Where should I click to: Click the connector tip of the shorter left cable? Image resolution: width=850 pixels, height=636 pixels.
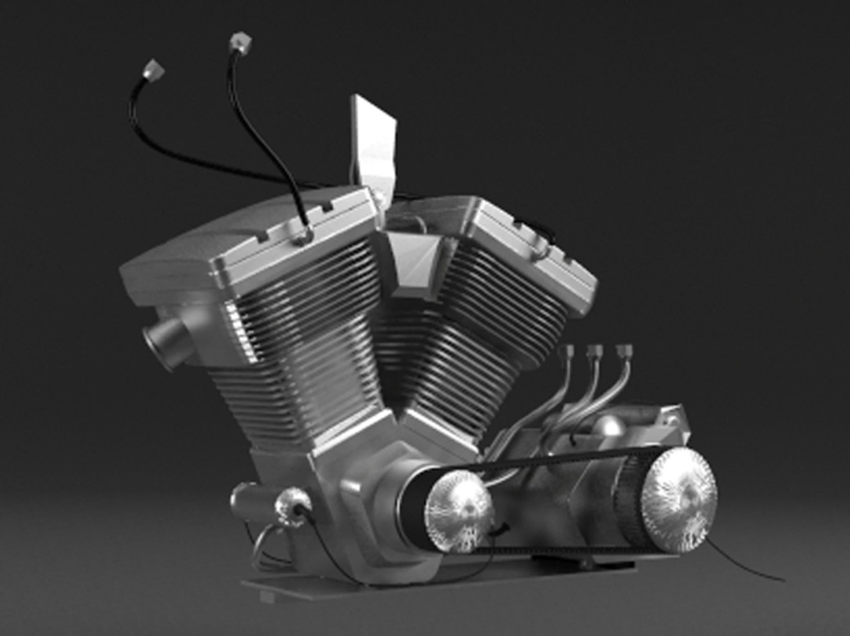pos(154,70)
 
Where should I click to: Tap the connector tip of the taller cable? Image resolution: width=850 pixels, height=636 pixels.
pos(241,41)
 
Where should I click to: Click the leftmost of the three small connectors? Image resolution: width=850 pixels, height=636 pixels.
pos(568,352)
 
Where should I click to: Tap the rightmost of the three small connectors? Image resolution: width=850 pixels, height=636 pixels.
pos(624,352)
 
